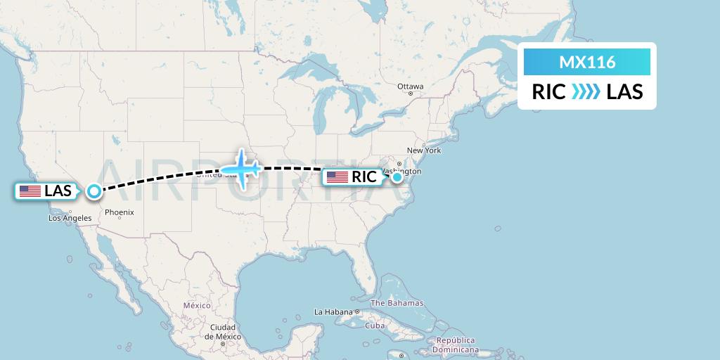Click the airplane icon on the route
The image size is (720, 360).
241,169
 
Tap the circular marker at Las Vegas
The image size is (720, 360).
94,191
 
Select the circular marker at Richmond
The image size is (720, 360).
397,177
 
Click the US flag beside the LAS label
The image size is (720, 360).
30,191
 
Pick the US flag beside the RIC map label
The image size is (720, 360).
337,177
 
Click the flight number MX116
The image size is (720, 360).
587,63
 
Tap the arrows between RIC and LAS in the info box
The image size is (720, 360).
586,92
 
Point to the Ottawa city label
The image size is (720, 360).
410,86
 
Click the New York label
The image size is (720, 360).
423,150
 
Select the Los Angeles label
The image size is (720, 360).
69,219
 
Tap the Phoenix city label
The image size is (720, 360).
119,212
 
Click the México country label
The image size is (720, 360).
197,306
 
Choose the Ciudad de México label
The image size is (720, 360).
221,332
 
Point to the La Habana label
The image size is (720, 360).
333,311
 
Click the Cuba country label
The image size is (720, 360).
374,326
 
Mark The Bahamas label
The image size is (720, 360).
397,303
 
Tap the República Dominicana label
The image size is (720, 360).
456,345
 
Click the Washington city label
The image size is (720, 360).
404,171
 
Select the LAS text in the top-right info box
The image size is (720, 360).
624,92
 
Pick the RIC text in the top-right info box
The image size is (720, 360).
549,92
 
